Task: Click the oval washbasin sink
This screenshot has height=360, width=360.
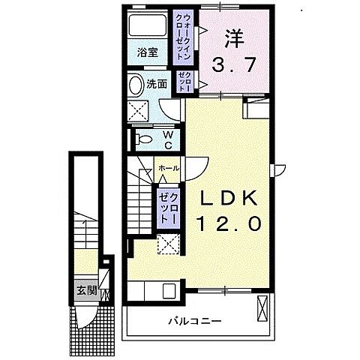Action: [x=136, y=84]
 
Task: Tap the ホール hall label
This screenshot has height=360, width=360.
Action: [x=169, y=168]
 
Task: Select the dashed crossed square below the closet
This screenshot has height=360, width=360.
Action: [x=169, y=244]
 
